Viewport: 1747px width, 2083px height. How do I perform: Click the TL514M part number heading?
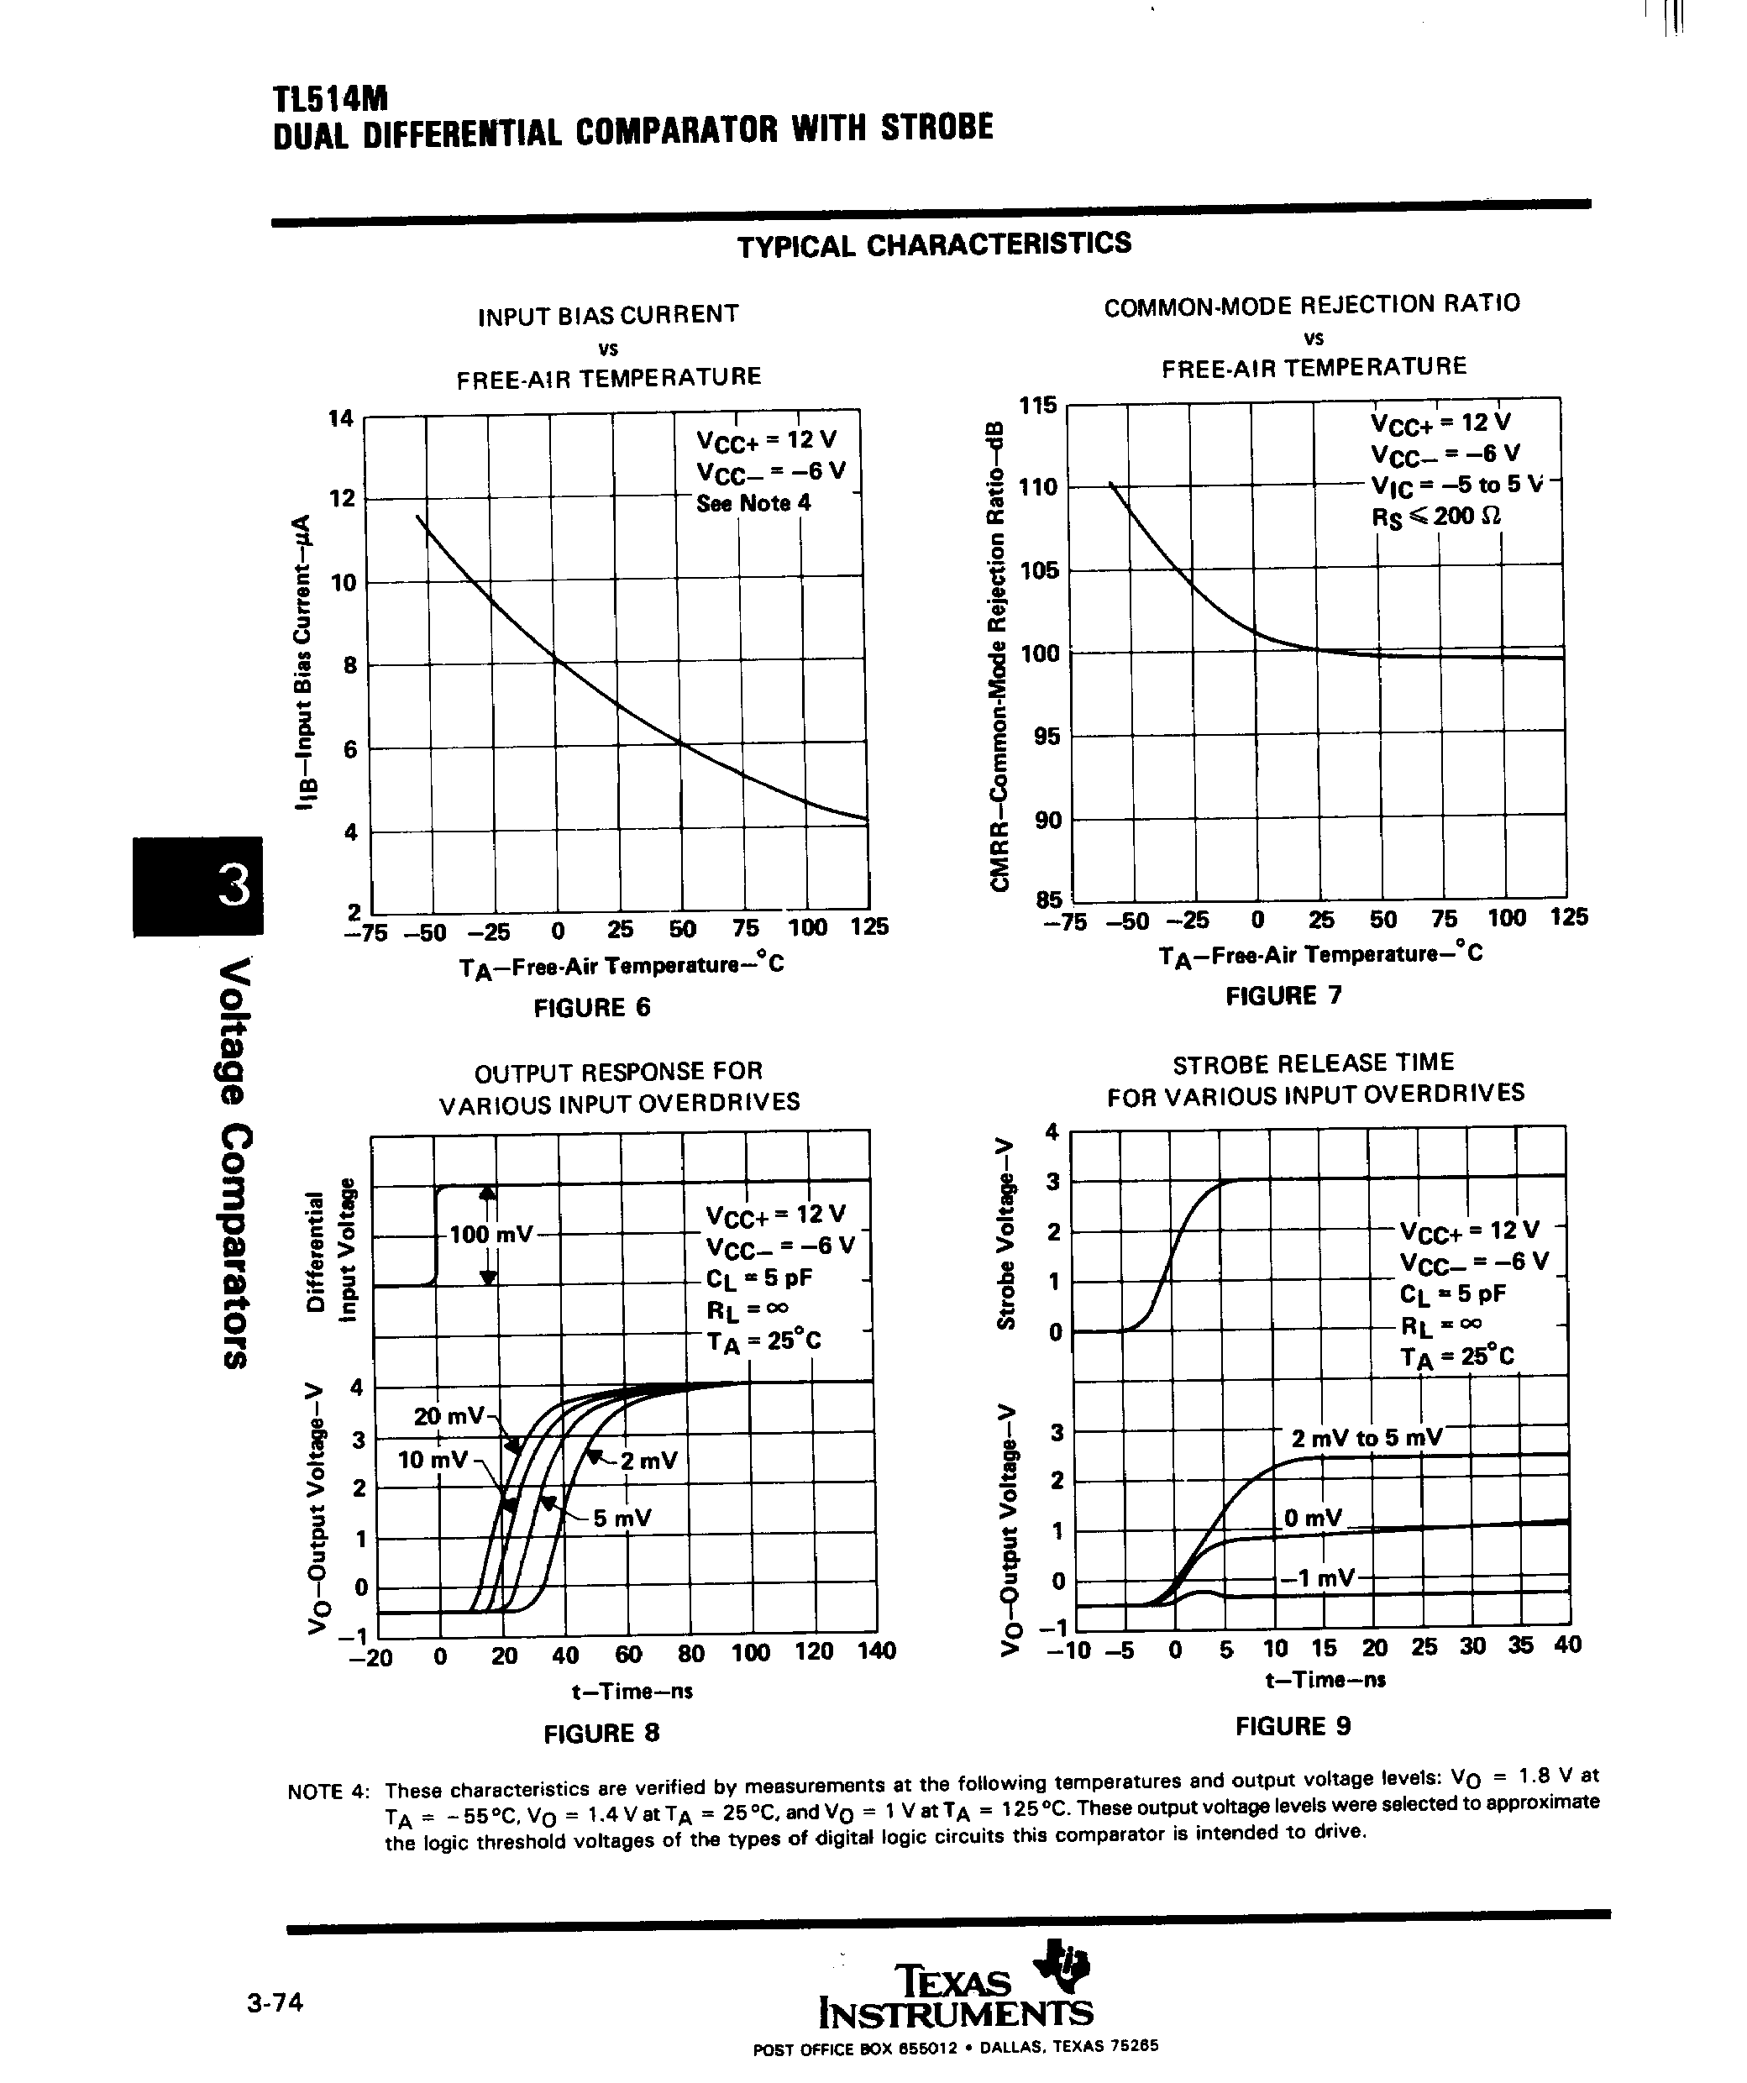click(x=329, y=98)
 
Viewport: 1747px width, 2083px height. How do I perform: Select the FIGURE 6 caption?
click(x=592, y=1008)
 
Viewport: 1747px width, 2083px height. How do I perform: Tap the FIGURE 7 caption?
click(x=1283, y=996)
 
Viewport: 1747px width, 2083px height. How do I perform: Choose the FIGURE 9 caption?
click(x=1293, y=1726)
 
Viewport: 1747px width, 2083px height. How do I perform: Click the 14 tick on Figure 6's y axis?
click(x=341, y=417)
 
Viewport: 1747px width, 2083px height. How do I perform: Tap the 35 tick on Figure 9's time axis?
click(x=1521, y=1645)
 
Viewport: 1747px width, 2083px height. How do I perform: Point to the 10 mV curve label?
click(x=433, y=1460)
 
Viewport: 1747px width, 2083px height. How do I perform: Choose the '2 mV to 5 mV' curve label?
click(x=1366, y=1438)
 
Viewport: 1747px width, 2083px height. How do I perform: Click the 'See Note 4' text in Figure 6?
click(x=753, y=503)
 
